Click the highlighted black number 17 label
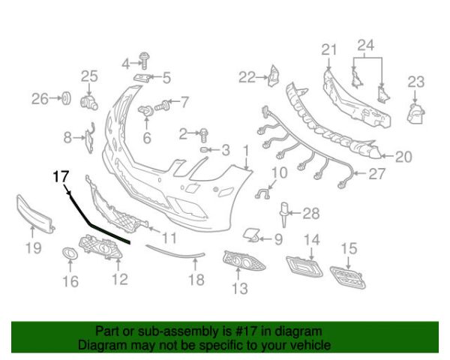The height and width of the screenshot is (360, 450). click(x=61, y=176)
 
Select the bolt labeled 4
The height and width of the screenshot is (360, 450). click(x=143, y=61)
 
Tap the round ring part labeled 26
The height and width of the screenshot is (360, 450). click(x=67, y=99)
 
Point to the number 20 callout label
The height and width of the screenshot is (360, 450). click(x=403, y=157)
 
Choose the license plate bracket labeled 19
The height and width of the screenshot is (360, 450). click(x=35, y=213)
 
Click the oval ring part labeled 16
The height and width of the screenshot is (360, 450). click(x=70, y=253)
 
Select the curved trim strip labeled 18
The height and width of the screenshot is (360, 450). click(x=175, y=252)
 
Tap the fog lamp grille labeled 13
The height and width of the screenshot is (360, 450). click(x=244, y=261)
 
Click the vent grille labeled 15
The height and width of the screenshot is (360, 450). click(x=348, y=277)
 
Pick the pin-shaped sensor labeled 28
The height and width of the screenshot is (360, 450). click(x=283, y=214)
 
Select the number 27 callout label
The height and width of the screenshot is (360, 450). click(x=376, y=174)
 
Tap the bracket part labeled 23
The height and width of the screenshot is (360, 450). click(x=415, y=114)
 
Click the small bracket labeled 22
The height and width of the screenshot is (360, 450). click(x=274, y=76)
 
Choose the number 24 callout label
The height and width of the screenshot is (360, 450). click(x=366, y=45)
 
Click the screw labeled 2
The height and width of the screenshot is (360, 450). click(x=203, y=135)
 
